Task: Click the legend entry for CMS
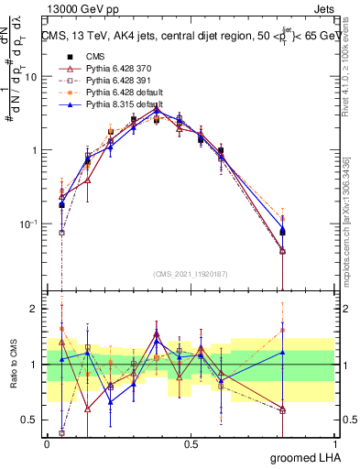click(94, 56)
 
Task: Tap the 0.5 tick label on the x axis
click(191, 443)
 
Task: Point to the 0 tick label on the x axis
click(47, 443)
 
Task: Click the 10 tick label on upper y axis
click(29, 77)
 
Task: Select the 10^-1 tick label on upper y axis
click(27, 224)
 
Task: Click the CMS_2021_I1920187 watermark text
click(191, 272)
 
